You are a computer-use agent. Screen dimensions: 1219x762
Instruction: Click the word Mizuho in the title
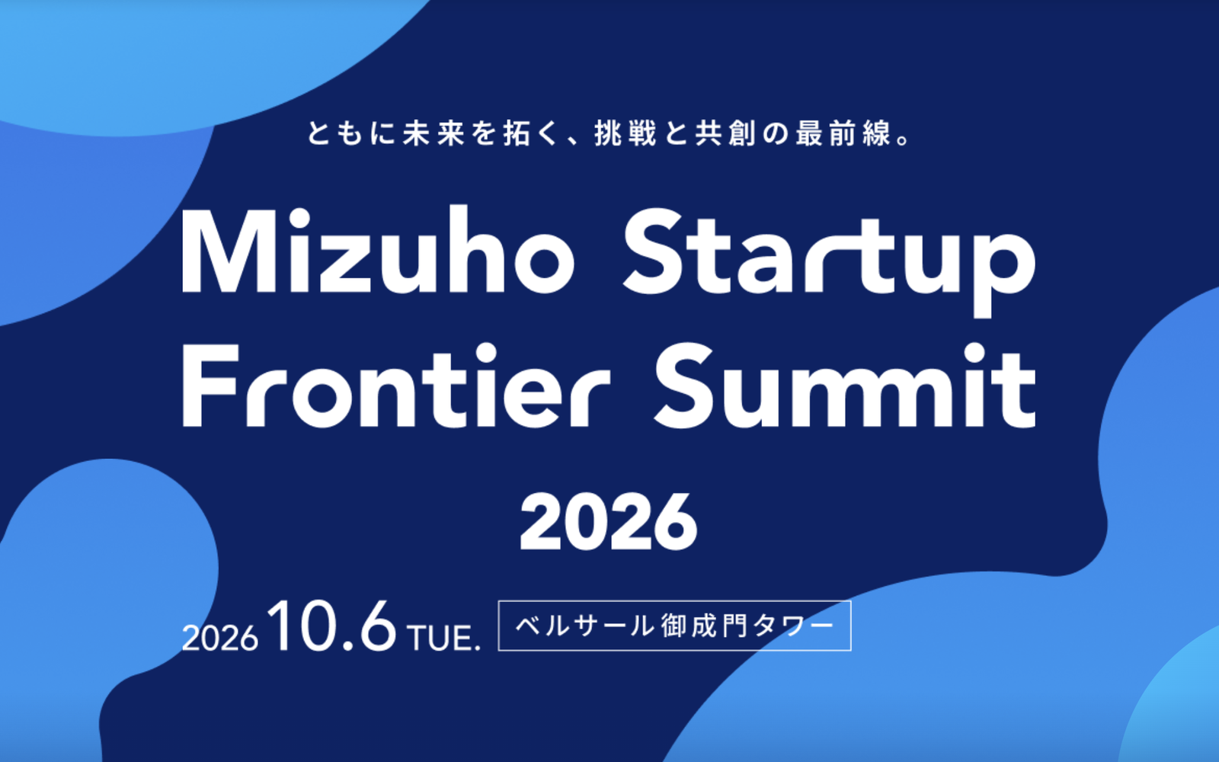pos(377,250)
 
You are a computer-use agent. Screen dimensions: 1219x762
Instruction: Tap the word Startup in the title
pos(829,261)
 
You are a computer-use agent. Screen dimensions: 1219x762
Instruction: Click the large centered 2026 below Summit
pos(609,523)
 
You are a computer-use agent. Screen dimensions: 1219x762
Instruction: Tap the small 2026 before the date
pos(220,638)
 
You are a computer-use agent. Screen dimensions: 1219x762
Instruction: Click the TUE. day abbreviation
pos(444,638)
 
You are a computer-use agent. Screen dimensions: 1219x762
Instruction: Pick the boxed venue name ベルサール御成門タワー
pos(674,626)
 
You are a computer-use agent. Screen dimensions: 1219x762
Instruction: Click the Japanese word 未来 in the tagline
pos(434,133)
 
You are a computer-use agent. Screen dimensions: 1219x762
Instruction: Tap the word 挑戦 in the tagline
pos(625,133)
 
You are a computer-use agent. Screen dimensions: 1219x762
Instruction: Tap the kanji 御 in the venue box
pos(674,626)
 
